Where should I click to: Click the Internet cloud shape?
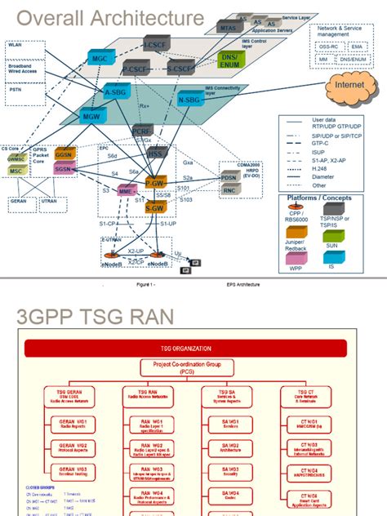tap(353, 85)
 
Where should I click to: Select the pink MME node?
tap(127, 190)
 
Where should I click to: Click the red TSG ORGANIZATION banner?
tap(193, 345)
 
